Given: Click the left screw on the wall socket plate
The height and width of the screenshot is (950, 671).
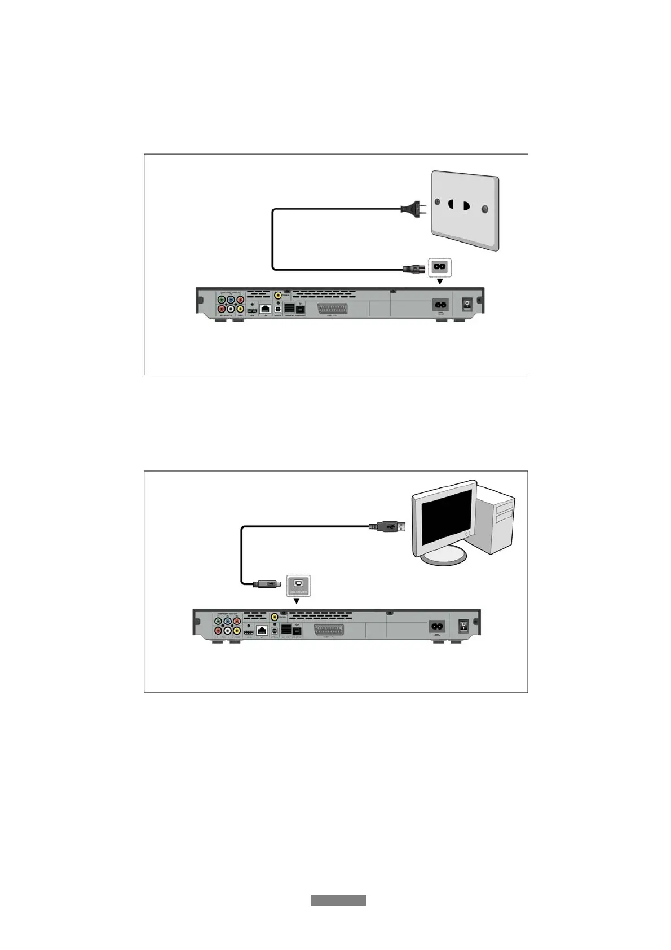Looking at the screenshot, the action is coord(438,201).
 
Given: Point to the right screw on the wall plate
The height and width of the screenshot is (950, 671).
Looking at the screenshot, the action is coord(484,209).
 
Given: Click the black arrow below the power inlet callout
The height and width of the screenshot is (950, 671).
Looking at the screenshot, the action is coord(440,280).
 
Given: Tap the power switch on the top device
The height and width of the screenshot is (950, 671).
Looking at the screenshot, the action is coord(467,304).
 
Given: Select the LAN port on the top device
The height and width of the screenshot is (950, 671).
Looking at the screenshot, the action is coord(266,309).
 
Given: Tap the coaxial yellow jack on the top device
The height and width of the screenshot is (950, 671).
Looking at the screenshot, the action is coord(279,295).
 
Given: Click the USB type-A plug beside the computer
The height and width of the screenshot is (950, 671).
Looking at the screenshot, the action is coord(394,526).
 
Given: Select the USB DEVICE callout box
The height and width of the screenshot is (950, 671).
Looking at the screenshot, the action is coord(298,585).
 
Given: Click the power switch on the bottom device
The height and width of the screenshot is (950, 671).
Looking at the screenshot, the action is coord(463,625).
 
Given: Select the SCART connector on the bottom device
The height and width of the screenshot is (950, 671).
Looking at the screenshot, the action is coord(328,630).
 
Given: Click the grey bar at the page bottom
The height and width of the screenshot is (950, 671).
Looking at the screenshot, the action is coord(338,900).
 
